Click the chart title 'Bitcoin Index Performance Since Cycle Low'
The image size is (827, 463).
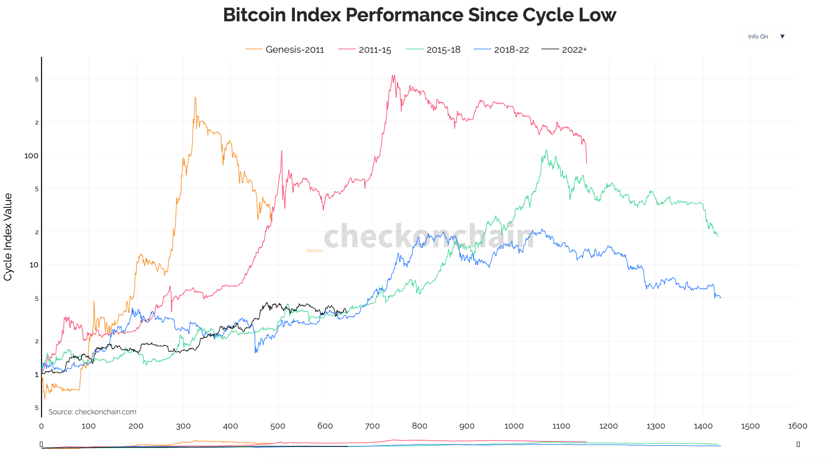point(419,15)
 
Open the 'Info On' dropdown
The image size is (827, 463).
point(765,37)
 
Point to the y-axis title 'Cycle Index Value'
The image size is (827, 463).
point(8,237)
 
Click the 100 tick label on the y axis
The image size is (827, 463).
point(31,155)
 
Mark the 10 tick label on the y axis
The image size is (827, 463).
point(34,264)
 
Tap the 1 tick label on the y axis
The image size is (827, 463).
point(36,374)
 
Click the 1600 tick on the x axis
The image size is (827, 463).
point(797,426)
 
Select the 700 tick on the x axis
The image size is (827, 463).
point(372,426)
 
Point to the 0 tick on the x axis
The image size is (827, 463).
point(42,426)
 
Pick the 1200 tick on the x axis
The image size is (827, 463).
point(608,426)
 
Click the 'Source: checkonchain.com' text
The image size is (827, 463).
point(93,412)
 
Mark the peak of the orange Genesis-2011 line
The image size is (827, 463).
point(195,98)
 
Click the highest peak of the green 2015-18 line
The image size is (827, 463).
point(545,150)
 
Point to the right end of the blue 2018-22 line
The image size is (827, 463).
point(720,298)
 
